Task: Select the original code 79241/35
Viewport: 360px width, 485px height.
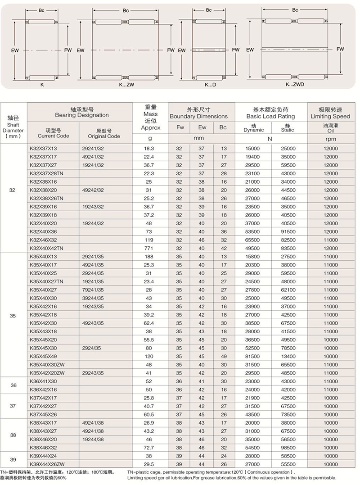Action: (x=93, y=290)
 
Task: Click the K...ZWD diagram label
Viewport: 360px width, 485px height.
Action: (x=294, y=84)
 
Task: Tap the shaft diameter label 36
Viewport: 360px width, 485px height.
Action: (x=13, y=385)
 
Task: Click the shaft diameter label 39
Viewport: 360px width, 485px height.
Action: (x=13, y=459)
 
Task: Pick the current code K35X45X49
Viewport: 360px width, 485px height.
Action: (x=44, y=356)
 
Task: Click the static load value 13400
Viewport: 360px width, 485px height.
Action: (x=288, y=356)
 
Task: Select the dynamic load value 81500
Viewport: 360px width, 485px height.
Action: (x=253, y=356)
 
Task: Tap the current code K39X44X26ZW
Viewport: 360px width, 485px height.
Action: (x=47, y=464)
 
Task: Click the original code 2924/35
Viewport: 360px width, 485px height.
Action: (x=92, y=348)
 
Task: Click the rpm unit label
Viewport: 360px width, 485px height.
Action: (x=330, y=140)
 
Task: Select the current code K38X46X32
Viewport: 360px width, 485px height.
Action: (x=43, y=447)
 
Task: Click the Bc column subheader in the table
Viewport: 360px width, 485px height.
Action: (x=223, y=127)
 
